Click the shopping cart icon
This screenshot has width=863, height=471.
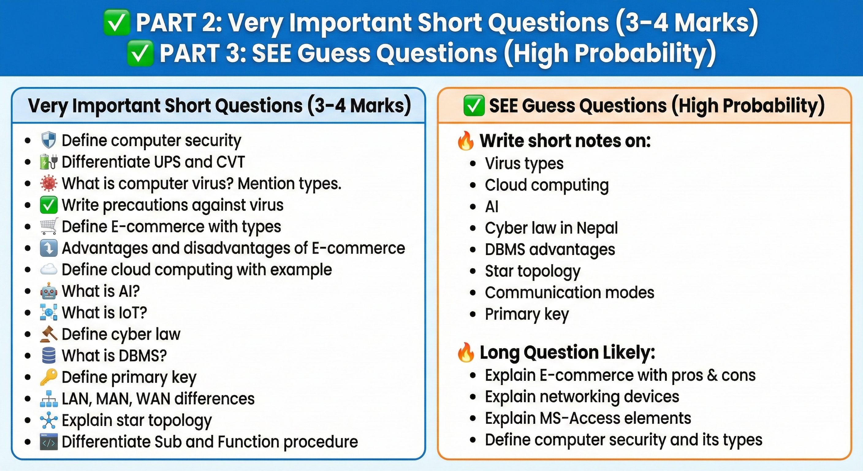point(49,226)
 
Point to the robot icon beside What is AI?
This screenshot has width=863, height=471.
point(49,291)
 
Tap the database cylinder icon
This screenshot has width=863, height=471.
point(49,355)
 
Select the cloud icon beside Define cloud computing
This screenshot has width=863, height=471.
point(49,270)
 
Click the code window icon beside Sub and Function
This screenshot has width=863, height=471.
point(49,442)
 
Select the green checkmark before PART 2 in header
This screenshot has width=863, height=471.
point(116,22)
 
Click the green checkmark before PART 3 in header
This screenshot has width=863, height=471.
point(140,53)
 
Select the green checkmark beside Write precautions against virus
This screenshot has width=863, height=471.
point(49,205)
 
